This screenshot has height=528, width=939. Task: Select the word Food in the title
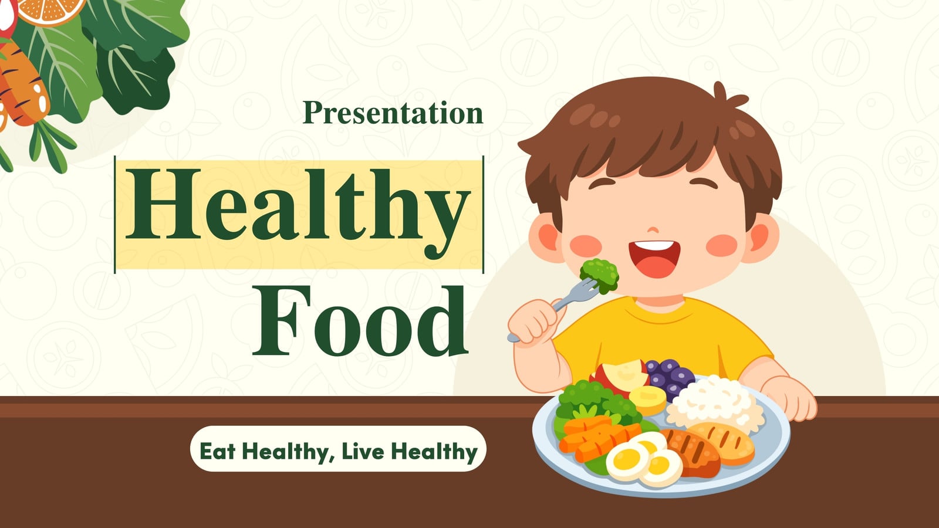360,320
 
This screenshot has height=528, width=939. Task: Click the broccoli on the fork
599,275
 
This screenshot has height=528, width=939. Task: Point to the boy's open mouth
654,259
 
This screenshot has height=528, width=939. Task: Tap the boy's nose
653,230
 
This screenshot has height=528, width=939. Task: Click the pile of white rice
715,405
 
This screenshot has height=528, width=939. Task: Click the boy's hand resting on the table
790,398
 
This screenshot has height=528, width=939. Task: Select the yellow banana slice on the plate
647,400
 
